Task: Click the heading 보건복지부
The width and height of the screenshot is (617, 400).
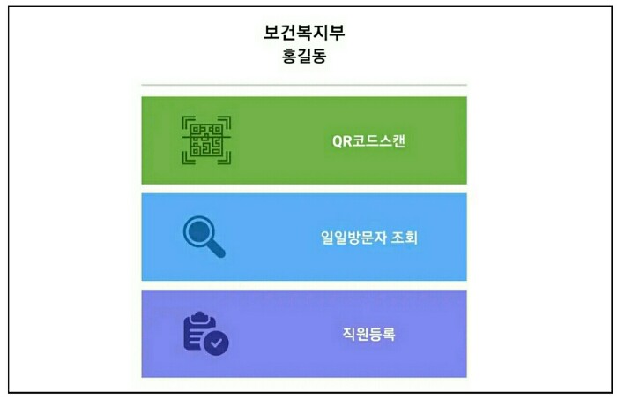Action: pos(304,34)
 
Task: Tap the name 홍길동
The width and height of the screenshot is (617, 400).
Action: pos(304,57)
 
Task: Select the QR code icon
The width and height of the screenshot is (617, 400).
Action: pos(206,140)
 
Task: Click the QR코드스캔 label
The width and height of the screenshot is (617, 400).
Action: pos(368,140)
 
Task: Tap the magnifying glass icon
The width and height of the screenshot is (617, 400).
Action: pos(204,236)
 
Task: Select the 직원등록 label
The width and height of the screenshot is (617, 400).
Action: pos(370,334)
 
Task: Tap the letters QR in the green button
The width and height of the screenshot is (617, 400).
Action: pos(341,140)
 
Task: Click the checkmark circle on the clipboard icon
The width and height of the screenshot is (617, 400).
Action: pos(216,343)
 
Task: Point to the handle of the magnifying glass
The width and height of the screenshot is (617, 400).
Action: pos(216,249)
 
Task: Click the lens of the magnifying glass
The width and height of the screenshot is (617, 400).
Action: pos(198,231)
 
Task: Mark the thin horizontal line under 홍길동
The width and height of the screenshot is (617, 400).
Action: pos(304,85)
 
